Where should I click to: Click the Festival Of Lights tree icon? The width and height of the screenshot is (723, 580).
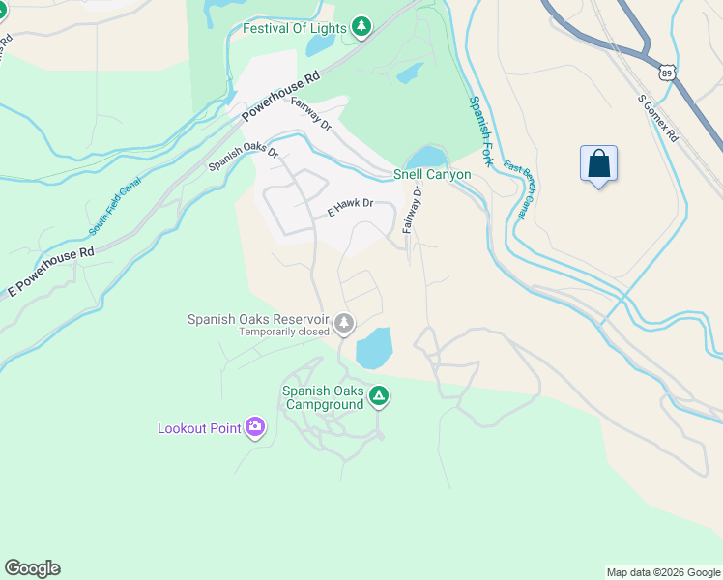pyautogui.click(x=361, y=27)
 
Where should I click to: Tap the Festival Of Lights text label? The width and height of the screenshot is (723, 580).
pyautogui.click(x=294, y=28)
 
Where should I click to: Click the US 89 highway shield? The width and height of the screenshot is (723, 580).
pyautogui.click(x=666, y=73)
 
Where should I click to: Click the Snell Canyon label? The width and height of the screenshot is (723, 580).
pyautogui.click(x=432, y=175)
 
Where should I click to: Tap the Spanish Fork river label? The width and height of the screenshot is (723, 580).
pyautogui.click(x=480, y=131)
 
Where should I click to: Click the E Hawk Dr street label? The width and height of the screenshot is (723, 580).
pyautogui.click(x=350, y=209)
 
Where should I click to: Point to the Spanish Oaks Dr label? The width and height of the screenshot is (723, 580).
pyautogui.click(x=244, y=159)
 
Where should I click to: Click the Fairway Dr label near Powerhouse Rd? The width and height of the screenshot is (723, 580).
pyautogui.click(x=311, y=121)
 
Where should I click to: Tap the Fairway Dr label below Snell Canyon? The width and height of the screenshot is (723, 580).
pyautogui.click(x=414, y=210)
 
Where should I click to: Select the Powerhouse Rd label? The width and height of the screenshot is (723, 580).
pyautogui.click(x=279, y=96)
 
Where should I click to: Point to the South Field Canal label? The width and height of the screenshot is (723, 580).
pyautogui.click(x=115, y=207)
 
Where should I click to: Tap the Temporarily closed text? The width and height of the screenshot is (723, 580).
pyautogui.click(x=284, y=332)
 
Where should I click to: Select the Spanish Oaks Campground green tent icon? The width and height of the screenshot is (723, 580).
pyautogui.click(x=380, y=396)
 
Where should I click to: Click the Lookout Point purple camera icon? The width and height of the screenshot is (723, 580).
pyautogui.click(x=255, y=426)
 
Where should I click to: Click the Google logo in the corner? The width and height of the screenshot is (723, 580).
pyautogui.click(x=32, y=568)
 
